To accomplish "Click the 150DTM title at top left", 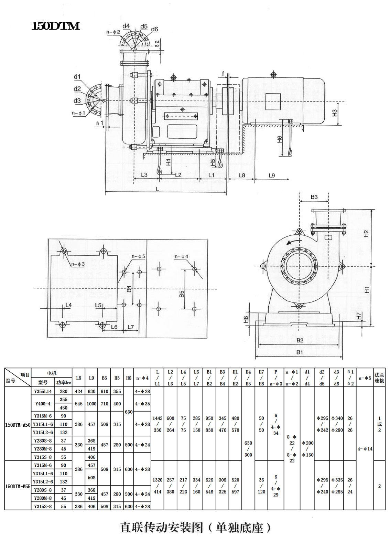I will [55, 26].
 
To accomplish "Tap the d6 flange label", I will [154, 29].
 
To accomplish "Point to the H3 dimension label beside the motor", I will [334, 113].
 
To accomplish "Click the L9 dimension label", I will [272, 176].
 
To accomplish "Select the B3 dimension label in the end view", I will [314, 197].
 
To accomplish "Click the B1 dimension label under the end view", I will [300, 352].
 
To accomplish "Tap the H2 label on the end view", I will [366, 234].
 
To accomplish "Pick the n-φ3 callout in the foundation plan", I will [78, 264].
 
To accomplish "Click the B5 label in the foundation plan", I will [182, 294].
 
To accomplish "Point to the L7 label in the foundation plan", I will [131, 327].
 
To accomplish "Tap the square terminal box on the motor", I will [273, 102].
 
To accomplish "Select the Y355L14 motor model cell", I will [43, 391].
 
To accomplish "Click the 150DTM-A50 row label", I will [18, 425].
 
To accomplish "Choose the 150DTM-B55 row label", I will [18, 486].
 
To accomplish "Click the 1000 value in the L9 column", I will [91, 404].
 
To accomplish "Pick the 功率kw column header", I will [64, 382].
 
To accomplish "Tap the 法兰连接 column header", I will [379, 378].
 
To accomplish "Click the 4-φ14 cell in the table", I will [365, 449].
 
